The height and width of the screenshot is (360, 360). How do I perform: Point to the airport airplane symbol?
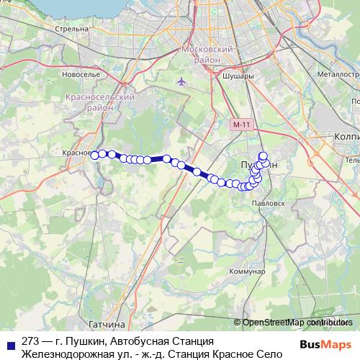pyautogui.click(x=181, y=81)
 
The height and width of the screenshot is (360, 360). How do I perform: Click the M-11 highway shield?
pyautogui.click(x=242, y=125)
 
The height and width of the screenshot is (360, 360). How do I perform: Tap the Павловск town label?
pyautogui.click(x=261, y=204)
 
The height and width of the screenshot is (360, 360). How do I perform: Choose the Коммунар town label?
pyautogui.click(x=247, y=271)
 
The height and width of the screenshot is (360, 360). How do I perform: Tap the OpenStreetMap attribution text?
pyautogui.click(x=297, y=322)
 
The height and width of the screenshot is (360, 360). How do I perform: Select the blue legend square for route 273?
pyautogui.click(x=11, y=341)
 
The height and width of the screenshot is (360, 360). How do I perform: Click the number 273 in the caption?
pyautogui.click(x=31, y=341)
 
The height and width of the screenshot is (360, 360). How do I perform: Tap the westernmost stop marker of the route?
pyautogui.click(x=94, y=153)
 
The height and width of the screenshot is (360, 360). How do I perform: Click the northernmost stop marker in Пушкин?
pyautogui.click(x=263, y=156)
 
